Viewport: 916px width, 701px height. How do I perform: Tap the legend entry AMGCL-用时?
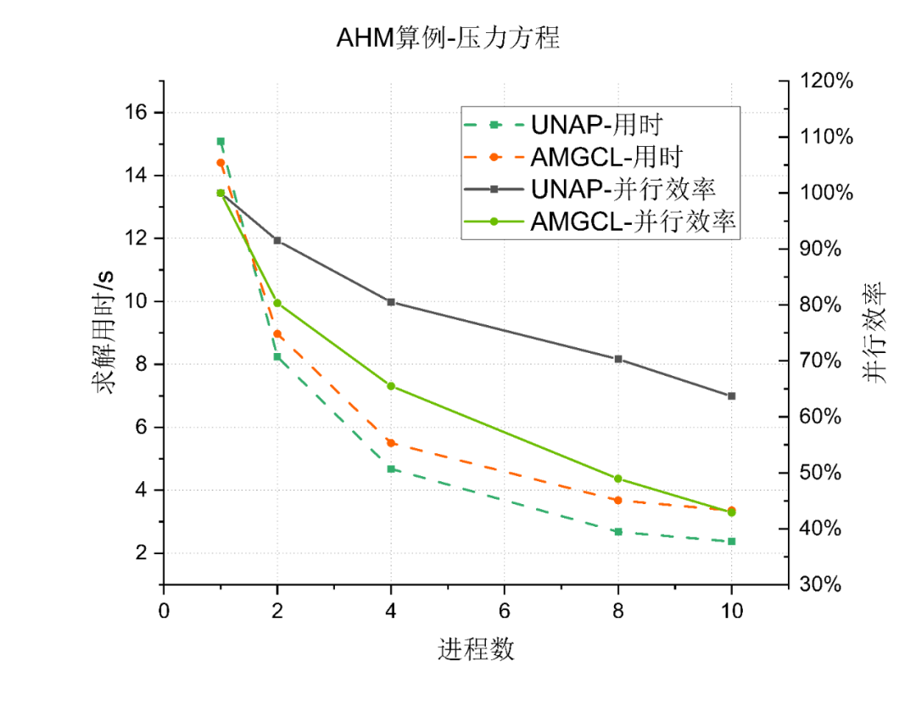[x=606, y=157]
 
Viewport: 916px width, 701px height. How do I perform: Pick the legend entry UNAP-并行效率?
[x=623, y=188]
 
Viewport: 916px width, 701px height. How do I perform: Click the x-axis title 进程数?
[x=476, y=649]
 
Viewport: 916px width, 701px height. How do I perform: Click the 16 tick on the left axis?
[x=136, y=113]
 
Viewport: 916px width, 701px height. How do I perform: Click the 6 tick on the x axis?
[x=505, y=611]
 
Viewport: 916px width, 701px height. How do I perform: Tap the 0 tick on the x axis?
[x=164, y=611]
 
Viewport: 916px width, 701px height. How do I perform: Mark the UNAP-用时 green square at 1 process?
[x=221, y=141]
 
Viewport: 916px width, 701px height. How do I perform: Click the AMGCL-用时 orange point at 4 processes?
[x=391, y=442]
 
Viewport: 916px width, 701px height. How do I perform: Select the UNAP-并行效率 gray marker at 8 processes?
[x=618, y=359]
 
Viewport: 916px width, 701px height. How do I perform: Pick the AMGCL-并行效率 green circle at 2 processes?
[x=277, y=303]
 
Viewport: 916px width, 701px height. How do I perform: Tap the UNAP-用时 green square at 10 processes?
[x=731, y=541]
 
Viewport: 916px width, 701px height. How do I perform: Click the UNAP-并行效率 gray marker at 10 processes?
[x=731, y=395]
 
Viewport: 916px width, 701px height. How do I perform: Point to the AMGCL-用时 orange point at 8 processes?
[x=618, y=500]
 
